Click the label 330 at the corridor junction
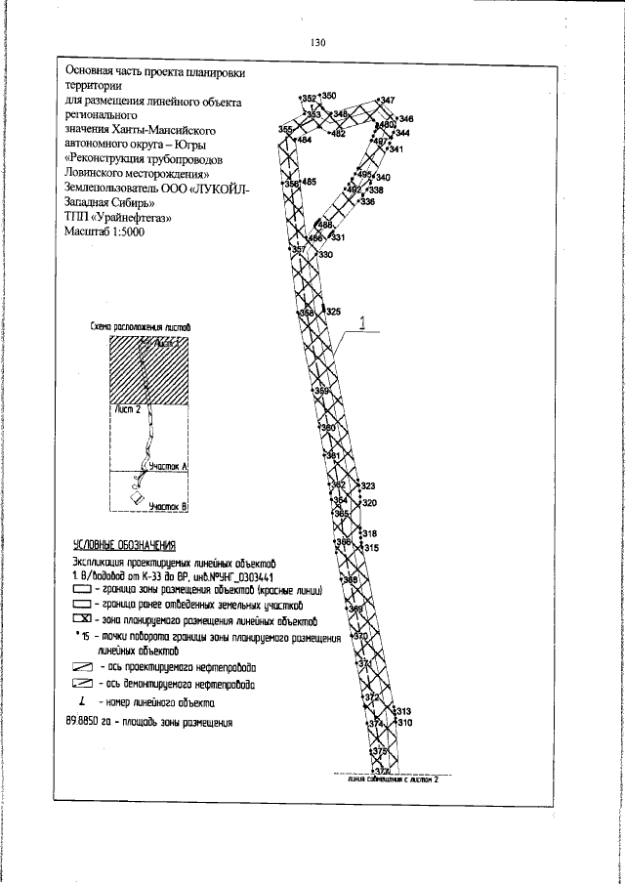[x=325, y=255]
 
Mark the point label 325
[x=333, y=312]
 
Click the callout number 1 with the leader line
[x=362, y=323]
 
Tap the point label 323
[x=368, y=485]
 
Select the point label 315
[x=370, y=548]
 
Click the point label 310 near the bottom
[x=405, y=723]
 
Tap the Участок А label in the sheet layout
[x=168, y=468]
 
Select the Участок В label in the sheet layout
[x=174, y=506]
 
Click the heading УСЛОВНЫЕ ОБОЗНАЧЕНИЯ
[x=123, y=545]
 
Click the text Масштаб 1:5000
[x=103, y=233]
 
